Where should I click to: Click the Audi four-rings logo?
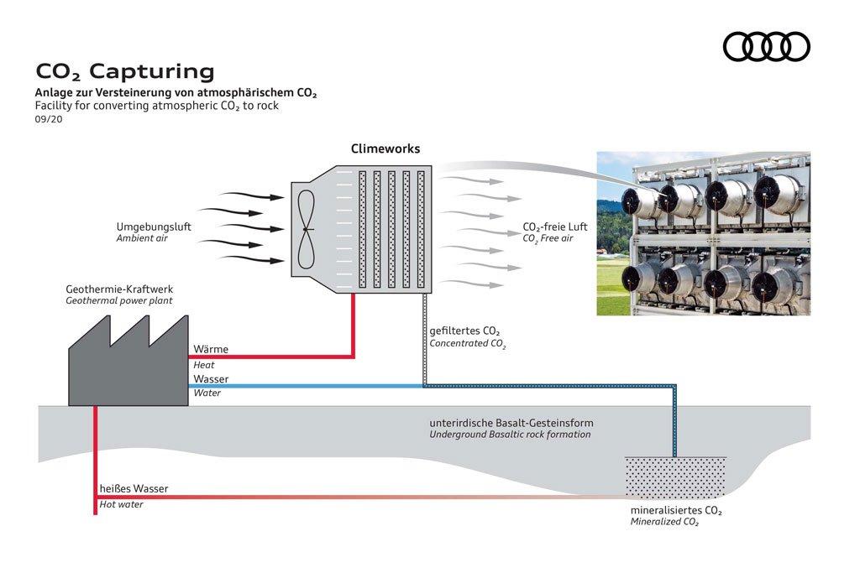point(766,47)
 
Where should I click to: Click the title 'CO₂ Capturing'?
point(124,71)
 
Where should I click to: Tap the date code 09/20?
point(49,119)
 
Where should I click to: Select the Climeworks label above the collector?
point(385,149)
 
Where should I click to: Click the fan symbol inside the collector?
point(307,227)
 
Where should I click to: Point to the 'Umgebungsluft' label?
point(154,227)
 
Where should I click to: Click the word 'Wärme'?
point(211,349)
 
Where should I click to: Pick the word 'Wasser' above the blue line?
point(211,379)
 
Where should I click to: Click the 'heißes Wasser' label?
point(134,489)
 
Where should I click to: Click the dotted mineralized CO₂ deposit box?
point(675,477)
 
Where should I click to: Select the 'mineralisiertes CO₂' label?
point(676,510)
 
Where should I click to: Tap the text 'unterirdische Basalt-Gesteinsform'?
point(523,423)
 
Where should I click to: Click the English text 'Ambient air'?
point(142,238)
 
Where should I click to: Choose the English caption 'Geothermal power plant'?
point(119,300)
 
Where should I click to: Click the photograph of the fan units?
point(703,233)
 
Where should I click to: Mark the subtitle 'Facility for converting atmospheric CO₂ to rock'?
point(157,106)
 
